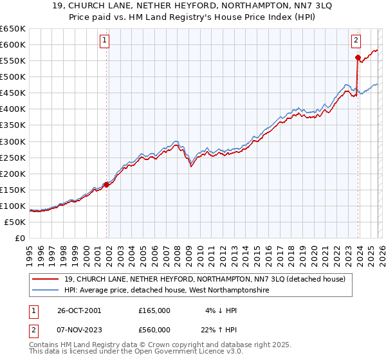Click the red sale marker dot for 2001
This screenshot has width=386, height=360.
tap(107, 184)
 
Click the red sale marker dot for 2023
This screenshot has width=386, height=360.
tap(358, 57)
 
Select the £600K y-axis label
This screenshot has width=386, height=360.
tap(13, 44)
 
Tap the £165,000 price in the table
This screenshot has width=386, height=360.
tap(154, 310)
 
